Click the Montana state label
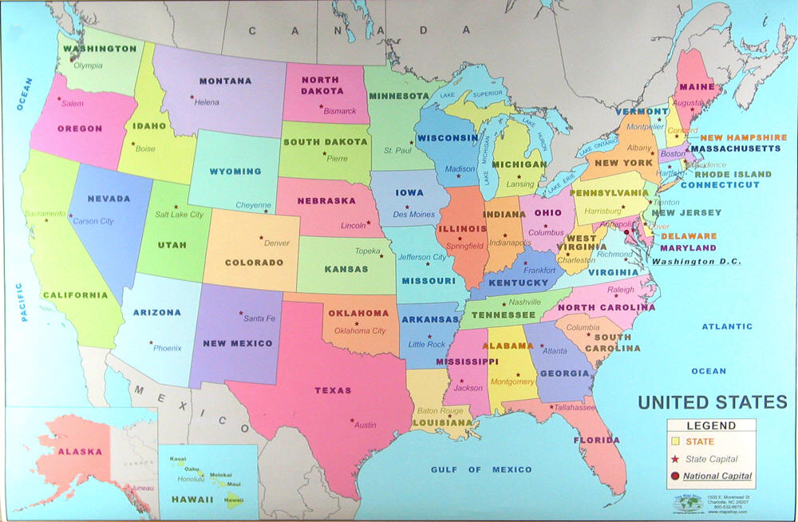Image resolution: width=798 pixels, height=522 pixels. point(225,81)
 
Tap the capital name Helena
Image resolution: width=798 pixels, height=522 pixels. point(207,102)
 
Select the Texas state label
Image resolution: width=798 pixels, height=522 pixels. point(333,390)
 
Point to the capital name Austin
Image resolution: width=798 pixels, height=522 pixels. point(365,425)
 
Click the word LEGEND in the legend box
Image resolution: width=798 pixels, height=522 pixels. point(711,426)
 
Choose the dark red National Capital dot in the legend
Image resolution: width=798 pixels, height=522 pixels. point(674,477)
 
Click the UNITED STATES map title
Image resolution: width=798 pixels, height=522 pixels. point(712,401)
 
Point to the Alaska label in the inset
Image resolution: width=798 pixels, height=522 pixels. point(80,451)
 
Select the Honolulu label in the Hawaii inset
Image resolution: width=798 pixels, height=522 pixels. point(192,478)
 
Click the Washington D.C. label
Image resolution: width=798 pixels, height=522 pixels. point(696,261)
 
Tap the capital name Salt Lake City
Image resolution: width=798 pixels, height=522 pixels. point(179,214)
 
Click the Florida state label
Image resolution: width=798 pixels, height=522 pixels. point(596,440)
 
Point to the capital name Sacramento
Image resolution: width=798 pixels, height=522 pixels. point(44,214)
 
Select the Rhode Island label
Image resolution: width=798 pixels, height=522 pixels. point(733,173)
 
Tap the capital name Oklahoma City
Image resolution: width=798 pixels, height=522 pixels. point(360,330)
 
